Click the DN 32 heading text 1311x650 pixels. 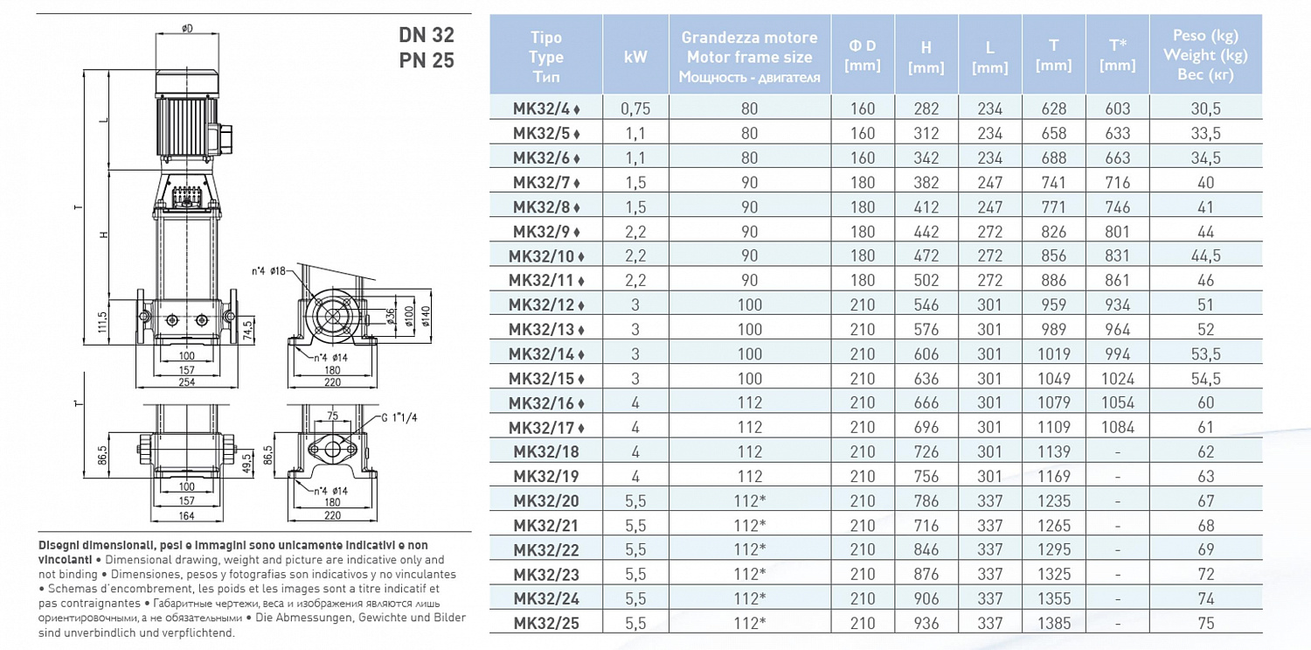(427, 35)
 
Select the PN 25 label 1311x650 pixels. (427, 60)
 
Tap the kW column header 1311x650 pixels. (635, 57)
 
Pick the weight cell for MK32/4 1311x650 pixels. (1205, 109)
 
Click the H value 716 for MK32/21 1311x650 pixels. (926, 526)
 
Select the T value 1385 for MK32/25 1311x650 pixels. (1053, 624)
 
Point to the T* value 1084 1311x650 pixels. (1117, 428)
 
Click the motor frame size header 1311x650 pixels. (749, 57)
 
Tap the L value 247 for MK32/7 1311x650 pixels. (989, 183)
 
